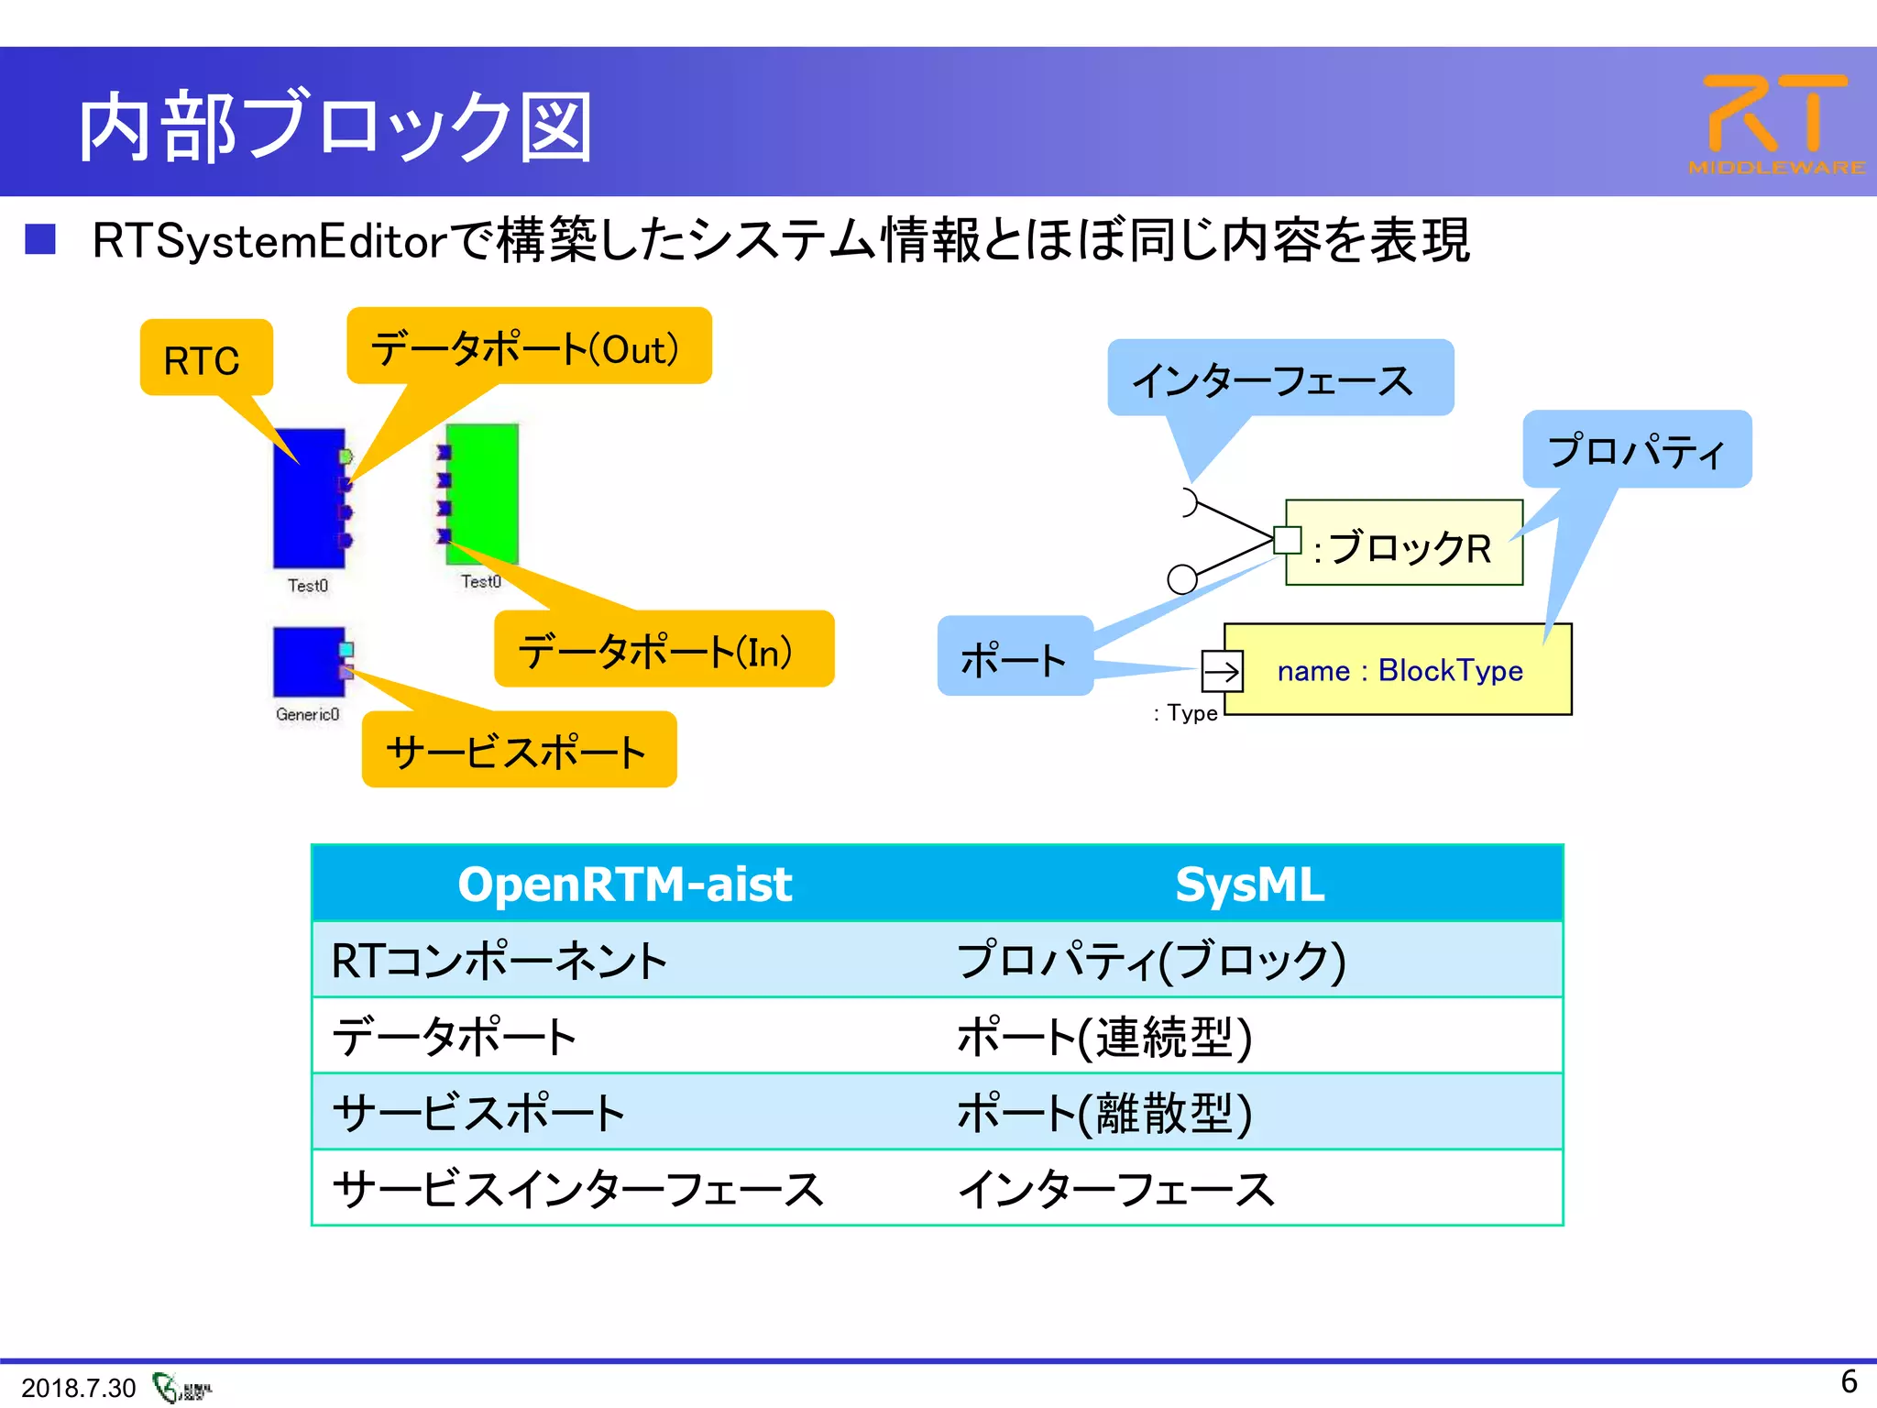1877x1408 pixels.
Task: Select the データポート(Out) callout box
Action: coord(529,347)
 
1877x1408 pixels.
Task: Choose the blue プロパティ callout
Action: coord(1637,449)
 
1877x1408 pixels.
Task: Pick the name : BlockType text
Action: coord(1400,671)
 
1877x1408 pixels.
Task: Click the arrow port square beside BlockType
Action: coord(1222,672)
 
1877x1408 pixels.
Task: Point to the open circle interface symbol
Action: coord(1182,578)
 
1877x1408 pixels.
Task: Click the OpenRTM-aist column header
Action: coord(624,885)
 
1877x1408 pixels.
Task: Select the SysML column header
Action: coord(1250,885)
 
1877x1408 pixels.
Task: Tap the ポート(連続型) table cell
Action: coord(1103,1037)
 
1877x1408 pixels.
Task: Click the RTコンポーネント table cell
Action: coord(499,961)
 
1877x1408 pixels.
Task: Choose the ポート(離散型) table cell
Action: coord(1103,1113)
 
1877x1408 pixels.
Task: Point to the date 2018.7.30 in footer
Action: coord(78,1388)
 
